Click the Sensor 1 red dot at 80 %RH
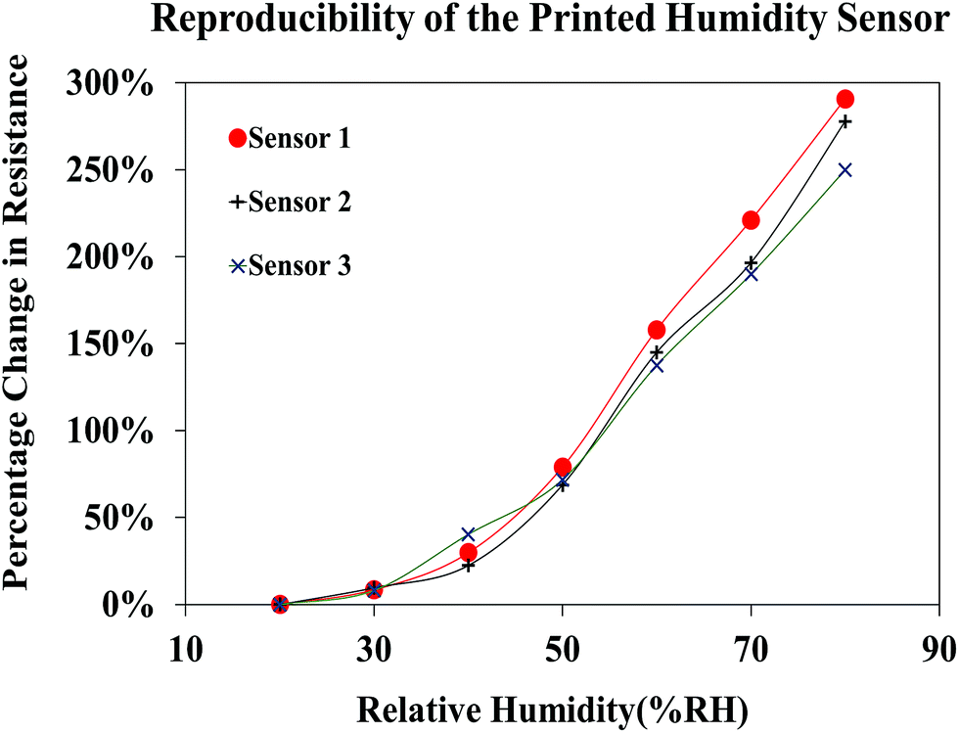point(845,99)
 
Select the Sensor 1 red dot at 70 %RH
point(751,220)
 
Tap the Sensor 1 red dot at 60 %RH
point(657,330)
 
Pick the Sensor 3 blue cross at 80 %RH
point(845,169)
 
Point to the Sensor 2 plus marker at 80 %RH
point(845,121)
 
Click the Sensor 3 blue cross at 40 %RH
point(468,534)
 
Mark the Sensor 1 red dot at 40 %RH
point(468,552)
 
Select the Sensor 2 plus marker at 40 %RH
point(468,566)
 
